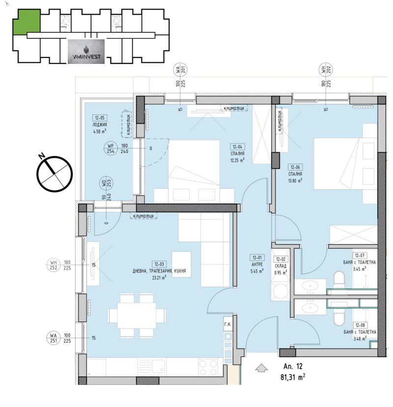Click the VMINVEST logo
87,52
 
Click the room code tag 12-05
100,118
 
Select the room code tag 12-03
158,263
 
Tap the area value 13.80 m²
295,180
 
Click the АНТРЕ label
256,264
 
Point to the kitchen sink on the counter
158,366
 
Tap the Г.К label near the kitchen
227,324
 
